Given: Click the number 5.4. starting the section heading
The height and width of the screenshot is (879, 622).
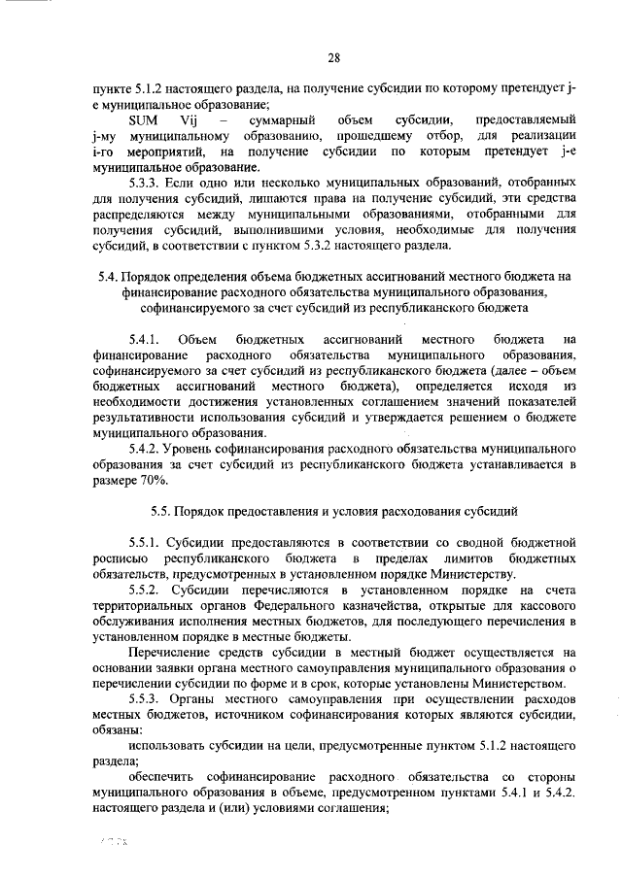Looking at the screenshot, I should coord(114,277).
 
